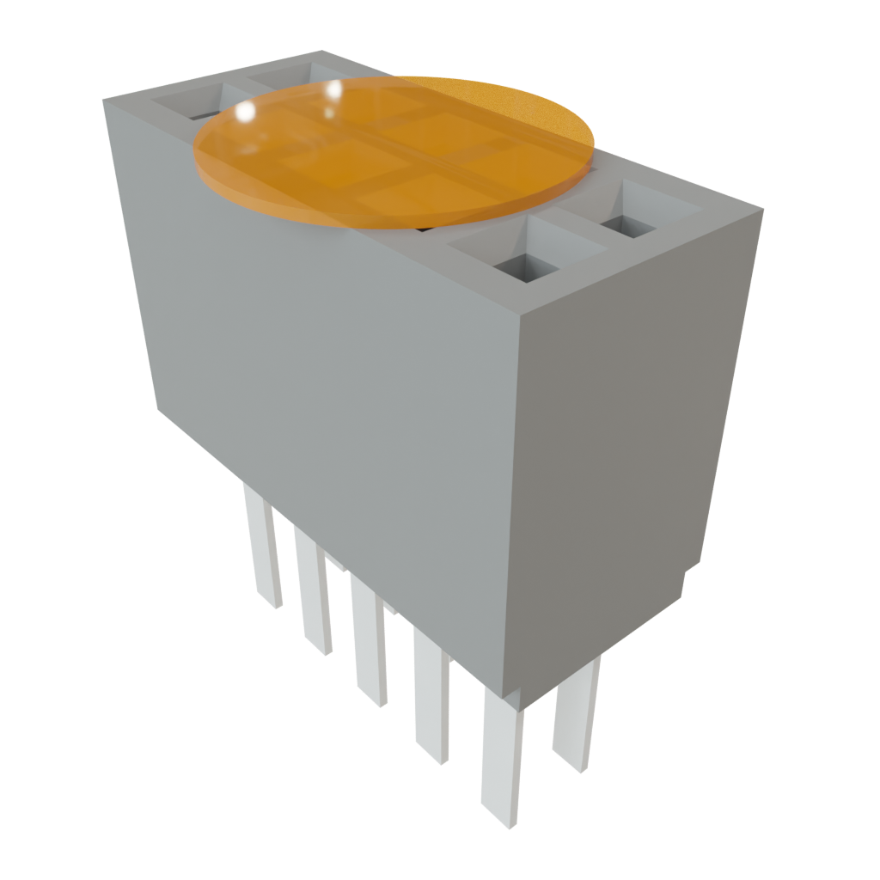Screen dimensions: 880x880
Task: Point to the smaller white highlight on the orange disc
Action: point(333,90)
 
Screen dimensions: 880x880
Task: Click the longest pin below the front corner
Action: point(501,756)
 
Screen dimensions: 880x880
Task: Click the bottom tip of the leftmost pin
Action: point(272,602)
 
